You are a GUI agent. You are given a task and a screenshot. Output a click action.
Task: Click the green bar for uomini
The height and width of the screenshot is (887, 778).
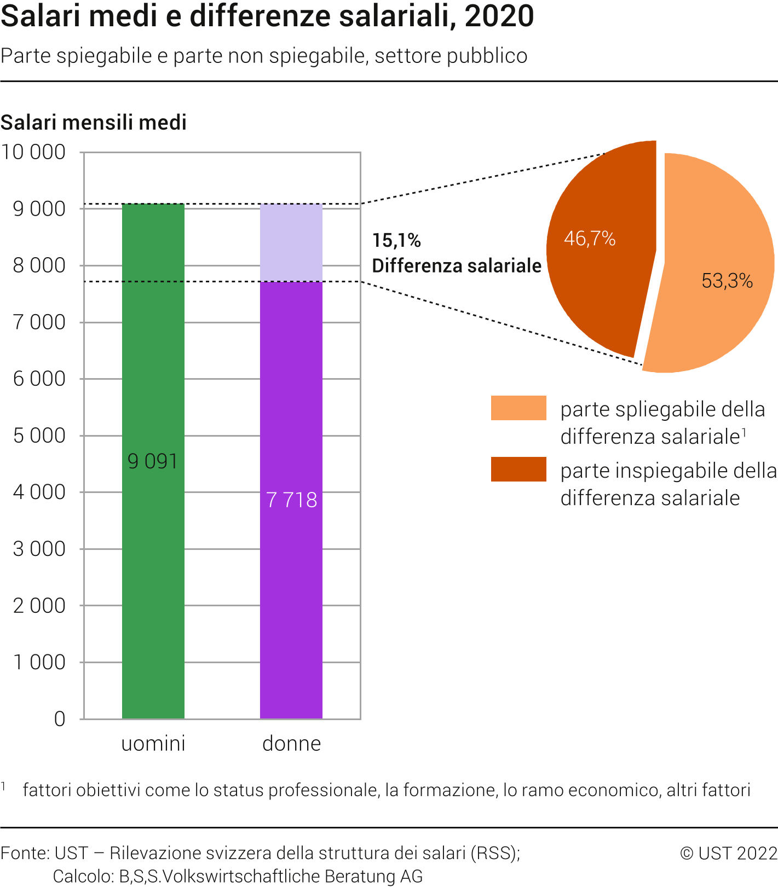point(153,547)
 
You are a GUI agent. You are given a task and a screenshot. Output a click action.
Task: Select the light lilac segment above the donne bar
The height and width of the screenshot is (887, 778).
point(291,242)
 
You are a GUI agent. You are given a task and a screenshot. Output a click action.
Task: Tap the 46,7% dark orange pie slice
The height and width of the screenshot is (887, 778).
point(597,274)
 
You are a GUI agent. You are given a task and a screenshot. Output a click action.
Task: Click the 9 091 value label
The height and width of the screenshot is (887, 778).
point(153,461)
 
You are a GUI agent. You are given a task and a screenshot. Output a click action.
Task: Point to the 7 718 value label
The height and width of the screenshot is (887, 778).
point(291,500)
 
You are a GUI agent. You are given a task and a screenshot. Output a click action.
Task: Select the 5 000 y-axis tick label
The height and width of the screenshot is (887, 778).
point(39,436)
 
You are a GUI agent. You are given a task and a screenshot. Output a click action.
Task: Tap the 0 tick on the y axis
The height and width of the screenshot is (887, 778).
point(60,719)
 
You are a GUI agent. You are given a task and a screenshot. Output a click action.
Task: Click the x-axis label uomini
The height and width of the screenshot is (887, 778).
point(153,744)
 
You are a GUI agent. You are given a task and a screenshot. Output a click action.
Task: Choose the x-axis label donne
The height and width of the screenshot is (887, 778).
point(291,744)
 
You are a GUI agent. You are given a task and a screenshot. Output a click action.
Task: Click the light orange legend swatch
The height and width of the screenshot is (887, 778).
point(518,408)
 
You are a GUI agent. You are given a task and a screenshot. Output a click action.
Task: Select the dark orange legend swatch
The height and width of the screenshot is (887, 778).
point(518,469)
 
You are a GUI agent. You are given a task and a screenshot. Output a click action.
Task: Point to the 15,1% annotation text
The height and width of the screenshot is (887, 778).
point(396,240)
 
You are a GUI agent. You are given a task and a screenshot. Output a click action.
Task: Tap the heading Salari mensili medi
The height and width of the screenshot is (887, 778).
point(94,123)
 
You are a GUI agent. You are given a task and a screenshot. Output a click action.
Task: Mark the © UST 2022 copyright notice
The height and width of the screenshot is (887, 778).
point(728,853)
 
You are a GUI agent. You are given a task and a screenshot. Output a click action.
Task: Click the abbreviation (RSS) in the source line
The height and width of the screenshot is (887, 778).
point(495,853)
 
